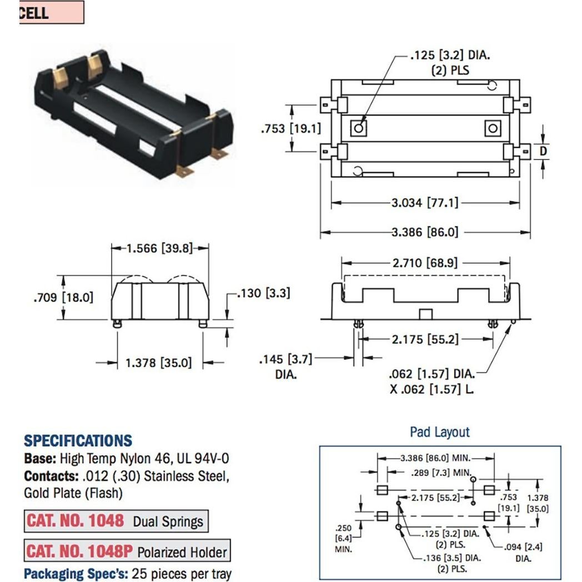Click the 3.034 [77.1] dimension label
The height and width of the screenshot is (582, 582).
coord(425,203)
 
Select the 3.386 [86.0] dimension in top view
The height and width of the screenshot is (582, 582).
coord(425,232)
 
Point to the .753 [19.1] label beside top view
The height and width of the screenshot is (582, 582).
coord(290,128)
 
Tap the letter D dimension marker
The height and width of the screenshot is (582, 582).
coord(544,150)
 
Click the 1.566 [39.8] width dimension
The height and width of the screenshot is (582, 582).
coord(159,248)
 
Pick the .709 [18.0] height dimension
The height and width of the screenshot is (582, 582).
coord(63,297)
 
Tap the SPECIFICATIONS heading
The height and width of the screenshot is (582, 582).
coord(78,441)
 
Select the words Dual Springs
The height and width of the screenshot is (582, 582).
coord(168,521)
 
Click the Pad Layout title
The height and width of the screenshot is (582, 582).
coord(439,432)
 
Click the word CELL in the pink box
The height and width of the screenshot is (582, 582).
coord(34,13)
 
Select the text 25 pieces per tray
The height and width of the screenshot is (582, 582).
coord(181,574)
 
